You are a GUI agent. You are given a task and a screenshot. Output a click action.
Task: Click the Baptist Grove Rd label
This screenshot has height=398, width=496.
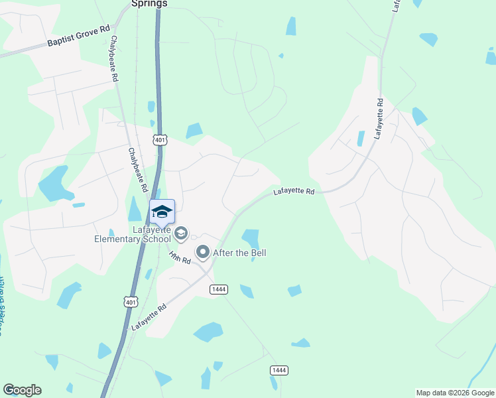point(78,38)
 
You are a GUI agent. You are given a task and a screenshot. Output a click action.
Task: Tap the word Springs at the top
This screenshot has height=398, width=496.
point(149,3)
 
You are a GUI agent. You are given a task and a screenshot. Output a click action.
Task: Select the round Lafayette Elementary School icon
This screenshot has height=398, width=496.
point(181,233)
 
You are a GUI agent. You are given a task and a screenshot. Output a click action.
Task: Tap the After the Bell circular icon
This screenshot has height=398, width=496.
point(203,252)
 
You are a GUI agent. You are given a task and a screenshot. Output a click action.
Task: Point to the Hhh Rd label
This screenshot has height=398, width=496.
point(180,257)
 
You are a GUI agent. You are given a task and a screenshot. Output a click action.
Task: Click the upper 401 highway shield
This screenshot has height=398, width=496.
point(160,139)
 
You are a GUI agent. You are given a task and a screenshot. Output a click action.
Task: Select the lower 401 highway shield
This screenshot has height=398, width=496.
point(131,301)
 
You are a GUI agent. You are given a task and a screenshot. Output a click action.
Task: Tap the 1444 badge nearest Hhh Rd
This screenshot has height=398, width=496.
point(219,289)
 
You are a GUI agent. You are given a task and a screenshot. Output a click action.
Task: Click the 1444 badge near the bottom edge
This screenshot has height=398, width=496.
point(279,369)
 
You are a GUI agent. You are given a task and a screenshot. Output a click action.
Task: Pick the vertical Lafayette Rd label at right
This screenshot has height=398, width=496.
point(379,118)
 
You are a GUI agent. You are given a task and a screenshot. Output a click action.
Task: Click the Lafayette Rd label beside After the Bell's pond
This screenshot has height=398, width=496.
point(294,192)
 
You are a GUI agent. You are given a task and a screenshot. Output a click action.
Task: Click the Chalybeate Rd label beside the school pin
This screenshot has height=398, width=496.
point(138,170)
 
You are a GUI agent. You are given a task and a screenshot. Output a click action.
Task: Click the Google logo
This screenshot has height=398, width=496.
point(22,390)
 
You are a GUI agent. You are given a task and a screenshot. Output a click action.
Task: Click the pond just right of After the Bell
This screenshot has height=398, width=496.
point(251,238)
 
